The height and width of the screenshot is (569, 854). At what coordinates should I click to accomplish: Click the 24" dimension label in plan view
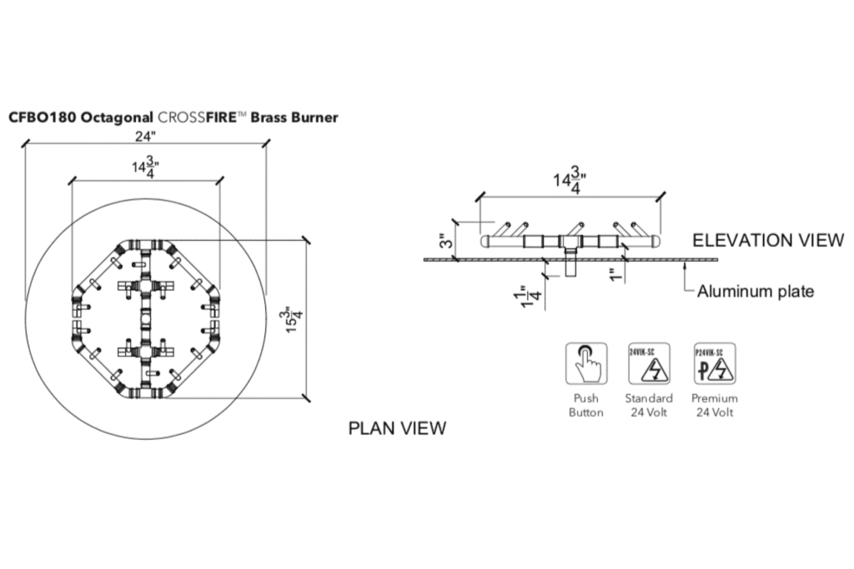pyautogui.click(x=145, y=136)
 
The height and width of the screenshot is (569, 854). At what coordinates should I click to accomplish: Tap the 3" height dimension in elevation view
pyautogui.click(x=447, y=241)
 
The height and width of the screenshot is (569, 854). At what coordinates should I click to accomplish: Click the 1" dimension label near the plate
pyautogui.click(x=615, y=275)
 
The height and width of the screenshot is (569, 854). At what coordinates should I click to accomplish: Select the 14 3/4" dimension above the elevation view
pyautogui.click(x=570, y=179)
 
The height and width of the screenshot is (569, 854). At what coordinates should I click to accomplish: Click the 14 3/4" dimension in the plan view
pyautogui.click(x=145, y=167)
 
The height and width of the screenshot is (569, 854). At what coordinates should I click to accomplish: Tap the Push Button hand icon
pyautogui.click(x=586, y=363)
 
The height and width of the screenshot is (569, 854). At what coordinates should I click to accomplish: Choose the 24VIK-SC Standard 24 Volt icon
pyautogui.click(x=649, y=363)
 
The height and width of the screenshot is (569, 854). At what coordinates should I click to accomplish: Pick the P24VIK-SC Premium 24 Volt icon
pyautogui.click(x=715, y=363)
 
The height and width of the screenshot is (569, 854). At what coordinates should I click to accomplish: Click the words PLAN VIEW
pyautogui.click(x=397, y=428)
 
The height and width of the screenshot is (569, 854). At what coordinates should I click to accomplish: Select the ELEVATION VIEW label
pyautogui.click(x=768, y=240)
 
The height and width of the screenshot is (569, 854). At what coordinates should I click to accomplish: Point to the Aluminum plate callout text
pyautogui.click(x=756, y=291)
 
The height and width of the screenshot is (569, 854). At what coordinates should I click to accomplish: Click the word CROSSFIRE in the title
pyautogui.click(x=197, y=117)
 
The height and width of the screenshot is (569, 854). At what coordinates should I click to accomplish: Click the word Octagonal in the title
pyautogui.click(x=117, y=118)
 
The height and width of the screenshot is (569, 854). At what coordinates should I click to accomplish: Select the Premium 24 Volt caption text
pyautogui.click(x=715, y=405)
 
